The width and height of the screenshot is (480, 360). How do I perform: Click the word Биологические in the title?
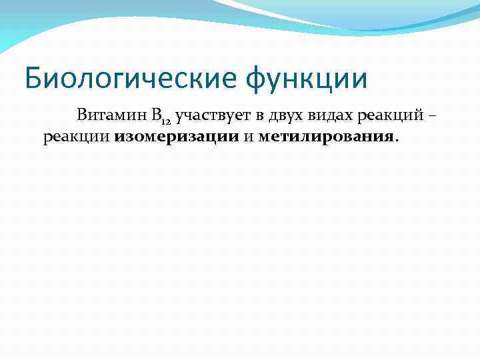[131, 79]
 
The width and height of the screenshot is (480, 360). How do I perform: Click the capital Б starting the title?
[33, 77]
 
